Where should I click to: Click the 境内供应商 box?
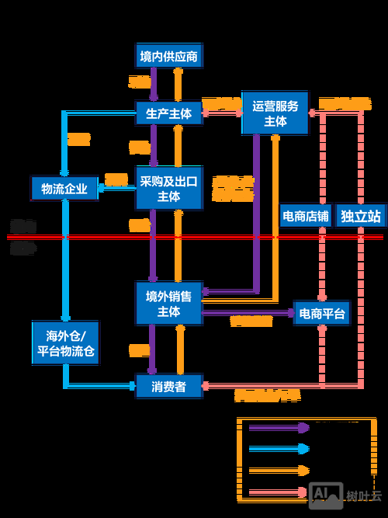click(168, 57)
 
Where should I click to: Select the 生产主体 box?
click(168, 113)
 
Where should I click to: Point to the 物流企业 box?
click(64, 188)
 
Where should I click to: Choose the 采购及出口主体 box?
click(168, 188)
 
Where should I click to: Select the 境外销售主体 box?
click(168, 303)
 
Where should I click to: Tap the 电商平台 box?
click(321, 314)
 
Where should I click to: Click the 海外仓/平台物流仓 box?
click(64, 342)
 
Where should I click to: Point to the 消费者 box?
click(168, 386)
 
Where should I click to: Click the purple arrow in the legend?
click(279, 427)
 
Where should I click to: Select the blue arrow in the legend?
click(279, 448)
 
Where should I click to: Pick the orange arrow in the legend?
click(279, 469)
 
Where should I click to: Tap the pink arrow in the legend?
click(279, 490)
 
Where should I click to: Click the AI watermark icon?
click(325, 495)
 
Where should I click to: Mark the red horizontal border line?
click(194, 237)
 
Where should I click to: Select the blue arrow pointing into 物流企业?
click(113, 188)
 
